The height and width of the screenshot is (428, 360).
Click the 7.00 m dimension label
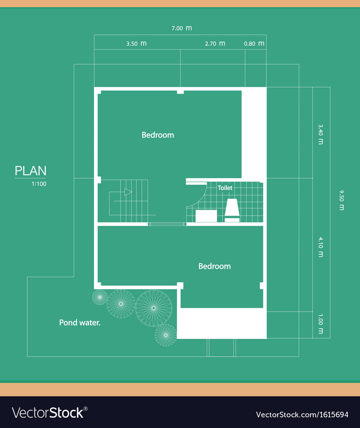pos(182,28)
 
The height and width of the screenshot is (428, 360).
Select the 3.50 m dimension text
pos(136,44)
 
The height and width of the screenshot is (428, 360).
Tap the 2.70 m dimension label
pos(215,44)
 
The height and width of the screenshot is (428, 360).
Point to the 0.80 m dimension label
pos(254,44)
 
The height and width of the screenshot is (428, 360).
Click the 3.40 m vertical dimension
pos(320,134)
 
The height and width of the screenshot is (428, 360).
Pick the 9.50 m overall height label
pos(341,200)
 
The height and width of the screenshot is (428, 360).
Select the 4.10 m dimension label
pos(320,247)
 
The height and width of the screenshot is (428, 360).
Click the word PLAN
pos(31,171)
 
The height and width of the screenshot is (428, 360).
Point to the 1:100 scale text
pos(39,184)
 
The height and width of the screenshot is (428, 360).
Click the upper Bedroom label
pos(158,135)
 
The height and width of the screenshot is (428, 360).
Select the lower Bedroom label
pos(214,266)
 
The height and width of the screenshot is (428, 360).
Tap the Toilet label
pos(225,188)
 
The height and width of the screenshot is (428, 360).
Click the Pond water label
pos(80,323)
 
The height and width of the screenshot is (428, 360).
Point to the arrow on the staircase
pos(128,192)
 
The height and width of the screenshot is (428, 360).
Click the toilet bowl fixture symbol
pos(232,209)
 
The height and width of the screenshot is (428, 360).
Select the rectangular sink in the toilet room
pos(206,216)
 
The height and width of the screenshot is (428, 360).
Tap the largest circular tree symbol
pos(154,308)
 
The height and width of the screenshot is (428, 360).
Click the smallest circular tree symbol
pos(100,297)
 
